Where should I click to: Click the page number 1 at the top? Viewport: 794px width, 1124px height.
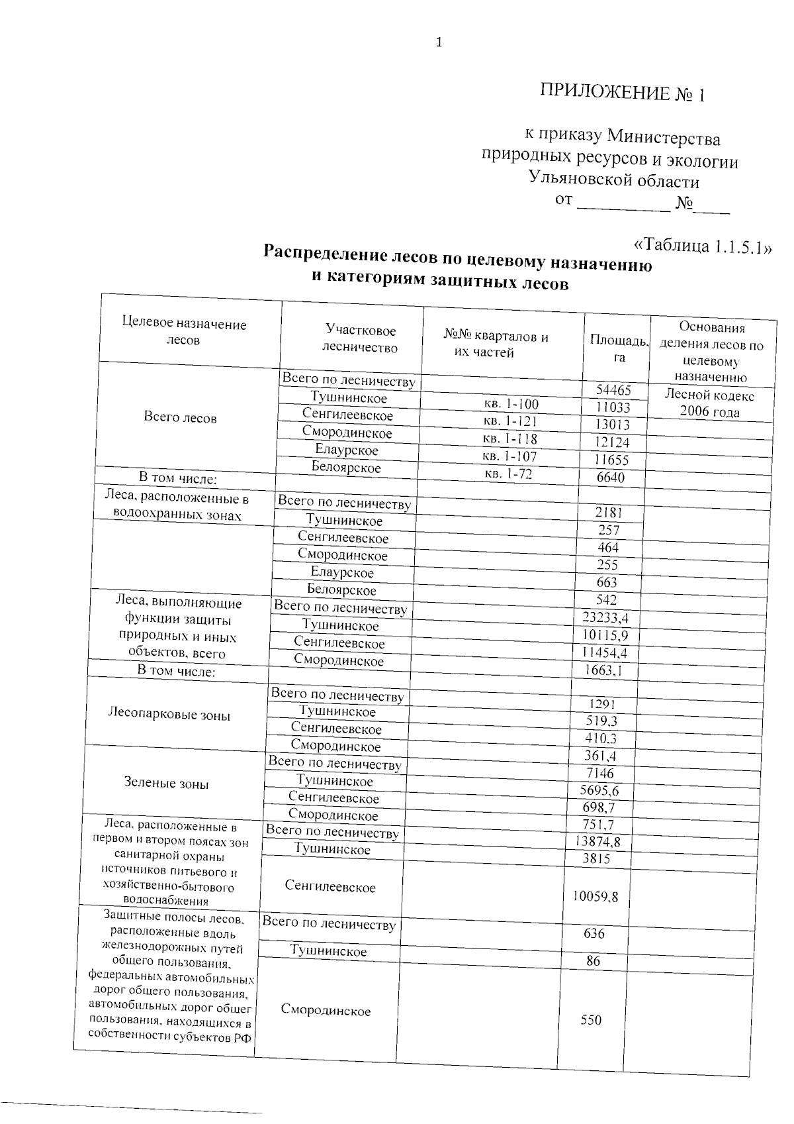[x=439, y=43]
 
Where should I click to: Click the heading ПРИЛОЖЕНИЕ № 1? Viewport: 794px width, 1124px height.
[x=623, y=93]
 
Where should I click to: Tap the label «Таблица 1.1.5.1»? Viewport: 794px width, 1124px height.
[x=703, y=246]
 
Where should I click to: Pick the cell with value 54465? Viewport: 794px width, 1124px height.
[x=613, y=391]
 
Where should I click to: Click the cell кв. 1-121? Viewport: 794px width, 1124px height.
[x=510, y=421]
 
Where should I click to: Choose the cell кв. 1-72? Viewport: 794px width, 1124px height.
[x=507, y=474]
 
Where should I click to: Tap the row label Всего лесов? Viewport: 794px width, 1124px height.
[x=180, y=418]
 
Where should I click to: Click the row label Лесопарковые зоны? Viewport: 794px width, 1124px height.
[x=169, y=715]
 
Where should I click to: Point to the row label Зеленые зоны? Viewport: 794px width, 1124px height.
[x=166, y=783]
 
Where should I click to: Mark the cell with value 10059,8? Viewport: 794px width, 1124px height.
[x=595, y=897]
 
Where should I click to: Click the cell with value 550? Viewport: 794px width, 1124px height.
[x=591, y=1020]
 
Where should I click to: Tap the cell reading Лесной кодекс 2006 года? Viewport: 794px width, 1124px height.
[x=709, y=403]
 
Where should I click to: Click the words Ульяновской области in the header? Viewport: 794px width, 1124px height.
[x=613, y=180]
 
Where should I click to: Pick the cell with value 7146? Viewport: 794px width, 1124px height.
[x=599, y=773]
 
